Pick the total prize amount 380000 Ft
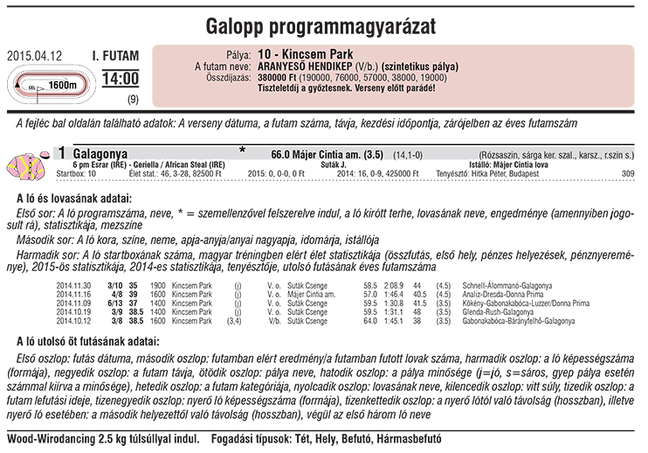pyautogui.click(x=282, y=78)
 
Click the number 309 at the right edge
pyautogui.click(x=627, y=174)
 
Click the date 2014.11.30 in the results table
pyautogui.click(x=73, y=286)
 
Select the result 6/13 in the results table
pyautogui.click(x=114, y=303)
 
